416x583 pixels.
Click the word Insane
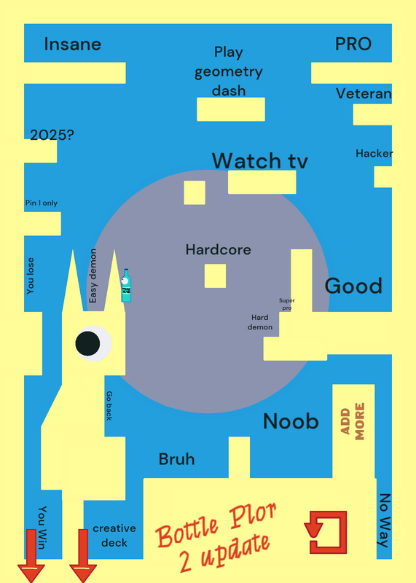point(73,44)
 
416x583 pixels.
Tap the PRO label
point(353,44)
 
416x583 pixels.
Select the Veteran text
point(364,93)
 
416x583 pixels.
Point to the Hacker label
point(374,153)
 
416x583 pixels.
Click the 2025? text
point(52,135)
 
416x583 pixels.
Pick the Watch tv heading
point(260,160)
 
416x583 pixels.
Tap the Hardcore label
point(219,249)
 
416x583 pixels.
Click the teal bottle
point(126,285)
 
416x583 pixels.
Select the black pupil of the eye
point(87,343)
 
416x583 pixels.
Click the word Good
point(353,286)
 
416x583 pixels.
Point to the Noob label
point(291,421)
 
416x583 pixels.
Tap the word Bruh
point(176,459)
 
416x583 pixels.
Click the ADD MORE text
point(353,421)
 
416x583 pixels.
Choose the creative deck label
point(114,536)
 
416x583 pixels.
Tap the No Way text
point(385,520)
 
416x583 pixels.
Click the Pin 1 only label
point(42,203)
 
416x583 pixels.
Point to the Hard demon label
point(260,322)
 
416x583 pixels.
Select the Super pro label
point(287,304)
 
